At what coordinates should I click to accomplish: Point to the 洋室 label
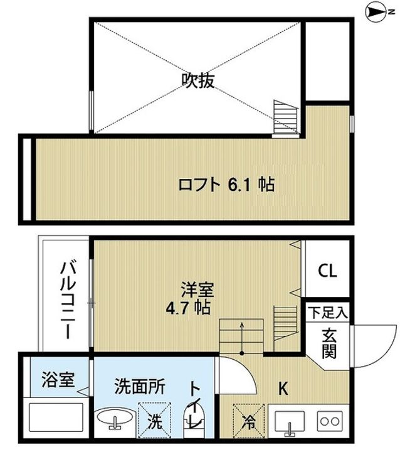(x=200, y=290)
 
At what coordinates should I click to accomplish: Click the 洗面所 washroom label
(x=139, y=387)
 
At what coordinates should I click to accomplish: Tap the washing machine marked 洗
(x=152, y=421)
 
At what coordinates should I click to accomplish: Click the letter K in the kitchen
(x=283, y=389)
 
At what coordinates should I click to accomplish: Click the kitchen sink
(x=290, y=421)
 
